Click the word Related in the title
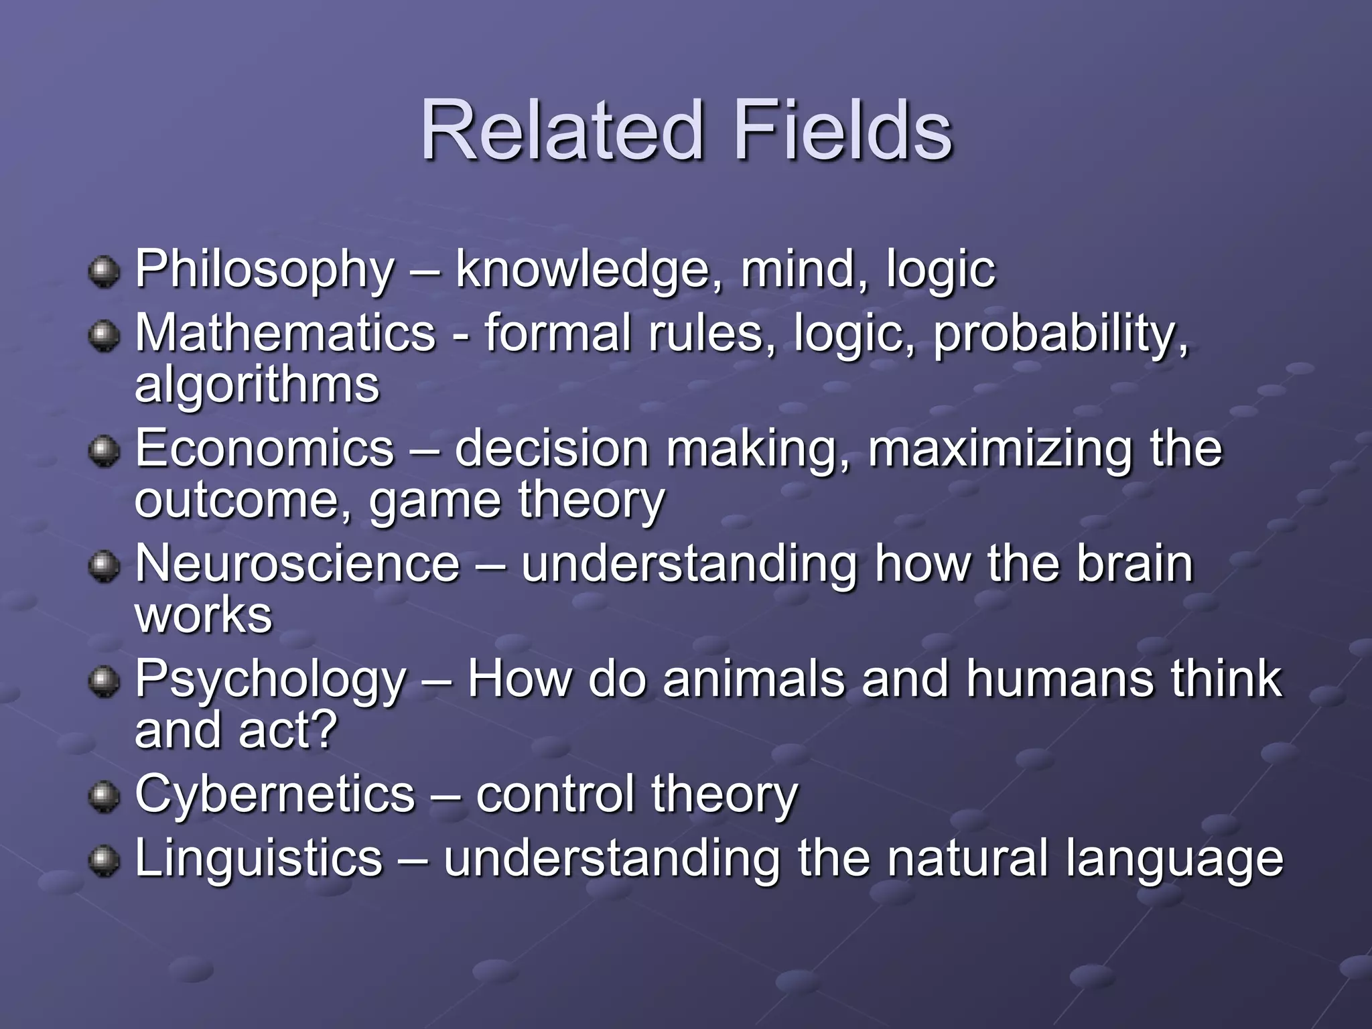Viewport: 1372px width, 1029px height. click(563, 130)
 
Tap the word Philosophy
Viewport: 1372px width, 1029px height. click(265, 269)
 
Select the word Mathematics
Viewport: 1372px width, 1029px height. click(285, 333)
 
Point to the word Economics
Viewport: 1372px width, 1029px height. click(265, 448)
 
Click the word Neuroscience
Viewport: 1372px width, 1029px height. click(297, 563)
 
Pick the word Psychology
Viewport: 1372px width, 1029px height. click(271, 679)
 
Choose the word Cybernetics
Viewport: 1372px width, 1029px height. click(275, 794)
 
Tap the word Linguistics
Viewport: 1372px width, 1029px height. click(259, 858)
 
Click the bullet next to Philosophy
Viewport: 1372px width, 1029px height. click(103, 273)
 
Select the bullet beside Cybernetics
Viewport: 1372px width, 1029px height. click(103, 797)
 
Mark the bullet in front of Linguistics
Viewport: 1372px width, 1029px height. click(103, 861)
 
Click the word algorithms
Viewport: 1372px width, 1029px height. click(257, 386)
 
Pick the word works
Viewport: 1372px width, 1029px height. click(204, 614)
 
